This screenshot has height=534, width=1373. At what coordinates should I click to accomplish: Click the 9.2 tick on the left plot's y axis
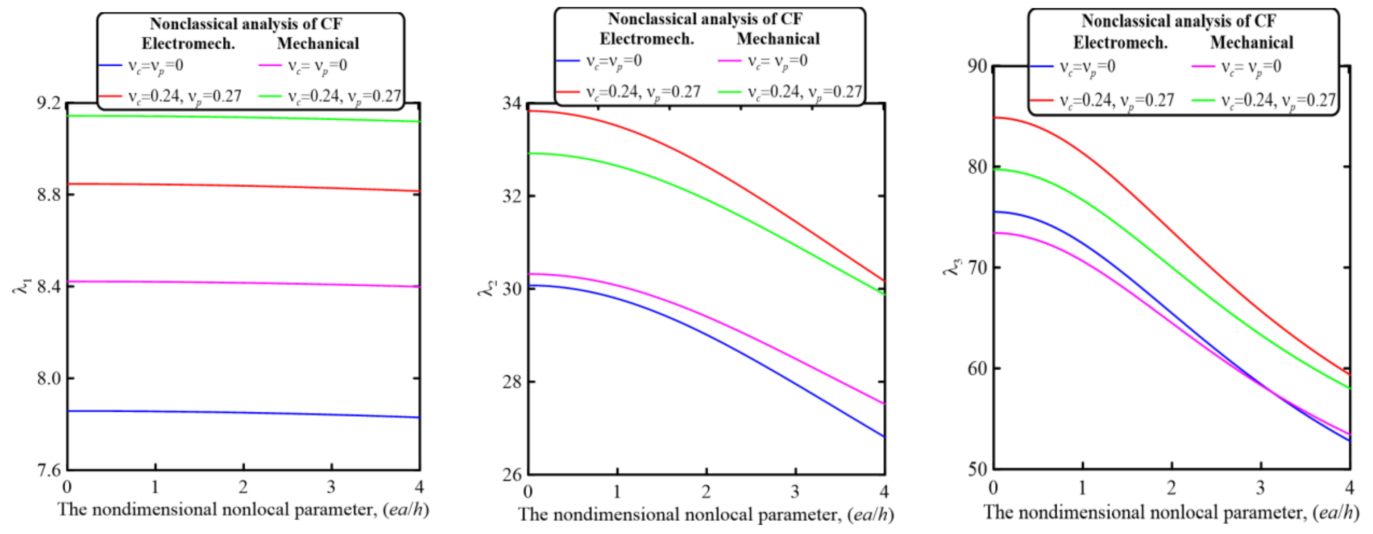pyautogui.click(x=48, y=102)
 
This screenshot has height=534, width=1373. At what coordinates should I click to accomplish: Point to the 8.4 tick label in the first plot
pyautogui.click(x=48, y=286)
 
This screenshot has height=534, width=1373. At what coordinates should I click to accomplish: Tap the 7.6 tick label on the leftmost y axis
pyautogui.click(x=48, y=470)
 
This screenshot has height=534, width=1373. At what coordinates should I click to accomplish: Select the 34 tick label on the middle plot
pyautogui.click(x=512, y=103)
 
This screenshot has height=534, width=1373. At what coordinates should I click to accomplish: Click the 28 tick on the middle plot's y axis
pyautogui.click(x=512, y=382)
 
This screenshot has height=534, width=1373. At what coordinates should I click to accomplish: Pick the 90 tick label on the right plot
pyautogui.click(x=977, y=66)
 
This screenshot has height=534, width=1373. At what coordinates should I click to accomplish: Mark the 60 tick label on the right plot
pyautogui.click(x=977, y=368)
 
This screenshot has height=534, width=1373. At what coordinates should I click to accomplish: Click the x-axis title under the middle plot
pyautogui.click(x=706, y=514)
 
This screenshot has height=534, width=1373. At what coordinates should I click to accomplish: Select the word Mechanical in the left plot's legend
pyautogui.click(x=318, y=43)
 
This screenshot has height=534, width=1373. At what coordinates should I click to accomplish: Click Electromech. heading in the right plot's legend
pyautogui.click(x=1120, y=43)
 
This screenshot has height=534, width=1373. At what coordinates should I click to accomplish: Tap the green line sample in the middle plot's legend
pyautogui.click(x=729, y=92)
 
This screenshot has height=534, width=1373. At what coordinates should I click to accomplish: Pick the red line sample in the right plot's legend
pyautogui.click(x=1041, y=100)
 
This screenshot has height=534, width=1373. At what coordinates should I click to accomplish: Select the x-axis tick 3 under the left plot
pyautogui.click(x=331, y=487)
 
